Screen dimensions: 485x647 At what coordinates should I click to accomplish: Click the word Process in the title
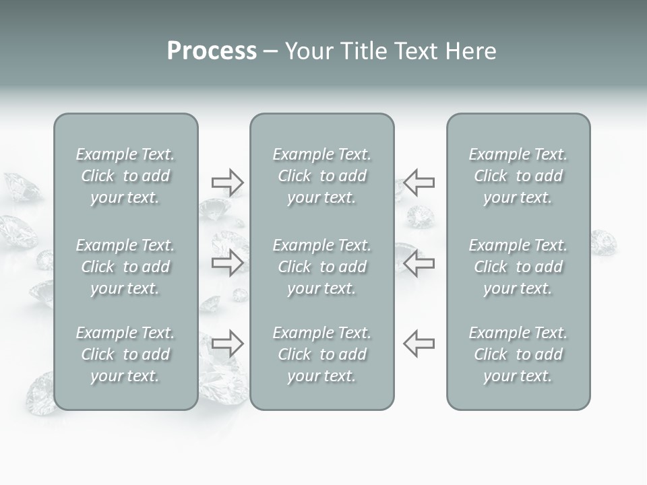(212, 51)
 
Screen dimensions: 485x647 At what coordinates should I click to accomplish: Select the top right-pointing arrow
(227, 182)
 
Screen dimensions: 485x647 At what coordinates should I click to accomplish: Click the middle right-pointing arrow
(227, 263)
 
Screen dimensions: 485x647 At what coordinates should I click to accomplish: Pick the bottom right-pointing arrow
(227, 344)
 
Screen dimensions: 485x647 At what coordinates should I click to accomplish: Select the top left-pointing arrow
(419, 182)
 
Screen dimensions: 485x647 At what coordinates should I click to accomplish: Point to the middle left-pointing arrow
(419, 263)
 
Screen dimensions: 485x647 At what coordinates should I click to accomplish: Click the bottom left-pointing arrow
(419, 344)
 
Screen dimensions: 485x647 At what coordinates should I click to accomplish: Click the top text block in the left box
(125, 176)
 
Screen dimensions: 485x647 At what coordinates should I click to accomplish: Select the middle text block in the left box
(125, 267)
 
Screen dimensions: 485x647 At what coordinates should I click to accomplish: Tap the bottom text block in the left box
(125, 354)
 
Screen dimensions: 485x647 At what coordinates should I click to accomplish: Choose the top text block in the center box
(321, 176)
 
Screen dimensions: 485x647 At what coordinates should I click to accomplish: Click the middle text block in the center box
(321, 267)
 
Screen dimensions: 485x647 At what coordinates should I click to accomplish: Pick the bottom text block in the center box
(321, 354)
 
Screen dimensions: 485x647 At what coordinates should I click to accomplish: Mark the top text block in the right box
(518, 176)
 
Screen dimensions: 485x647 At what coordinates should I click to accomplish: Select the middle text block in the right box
(518, 267)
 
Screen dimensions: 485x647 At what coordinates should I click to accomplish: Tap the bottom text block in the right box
(518, 354)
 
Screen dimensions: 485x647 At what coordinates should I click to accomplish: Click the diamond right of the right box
(604, 243)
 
